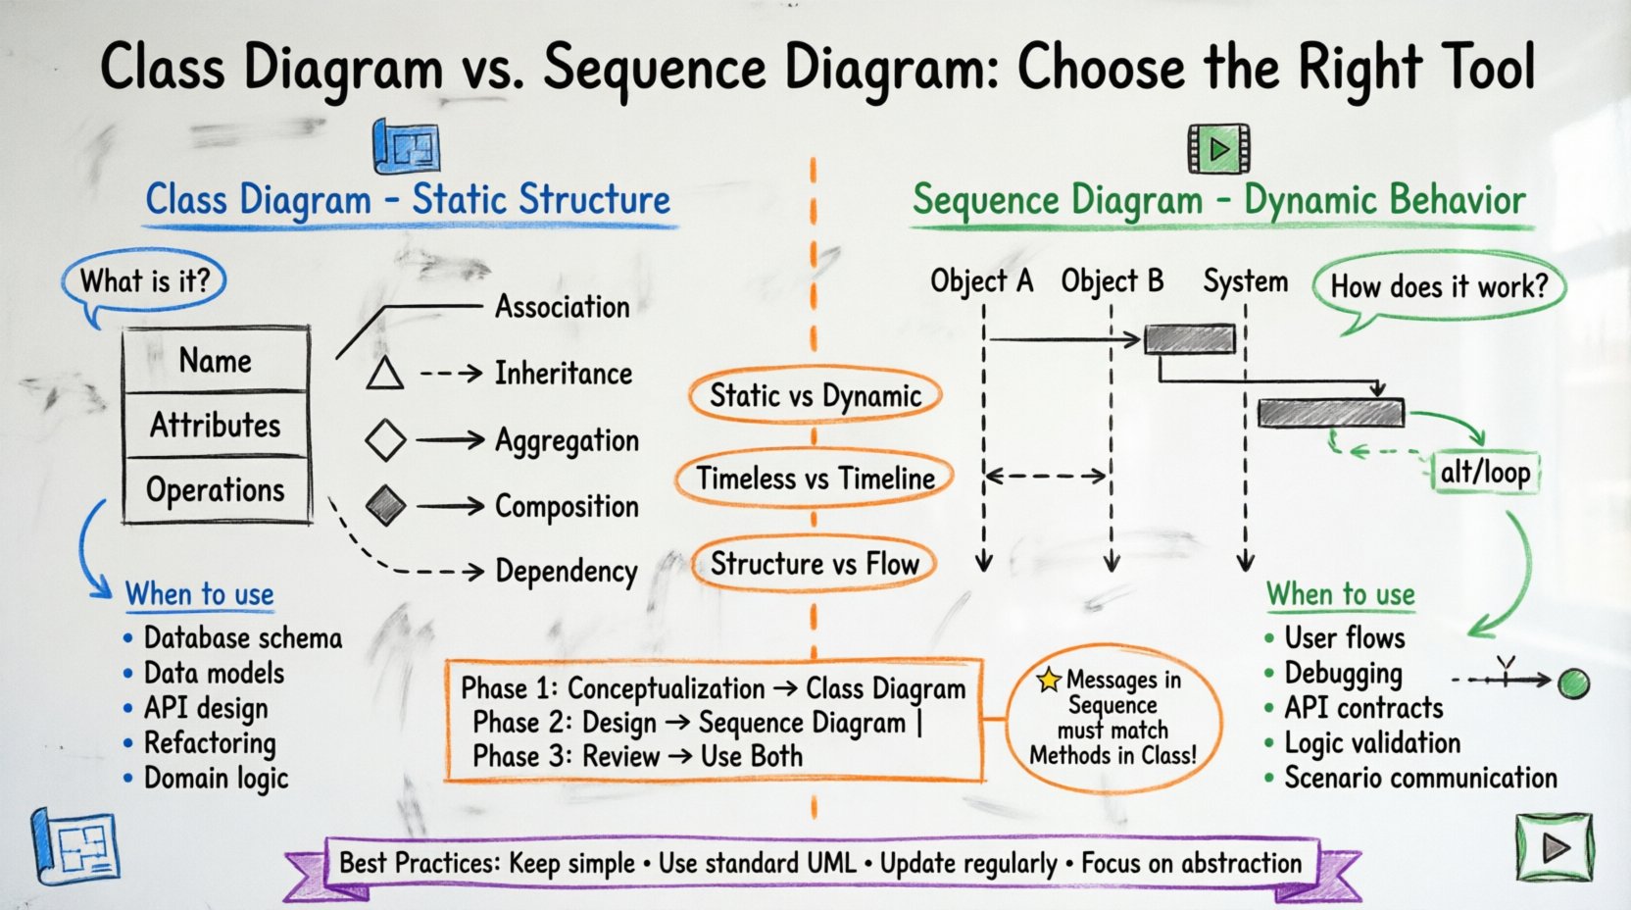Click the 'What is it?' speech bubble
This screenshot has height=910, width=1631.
click(144, 281)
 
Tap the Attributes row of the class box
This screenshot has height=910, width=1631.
click(216, 425)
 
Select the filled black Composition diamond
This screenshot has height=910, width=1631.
click(385, 506)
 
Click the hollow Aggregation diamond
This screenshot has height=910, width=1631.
click(385, 440)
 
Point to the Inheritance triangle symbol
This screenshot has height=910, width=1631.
click(384, 375)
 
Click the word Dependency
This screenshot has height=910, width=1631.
click(566, 571)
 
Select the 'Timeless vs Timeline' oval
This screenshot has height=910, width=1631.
click(815, 479)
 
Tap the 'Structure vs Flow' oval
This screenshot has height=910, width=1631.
click(814, 564)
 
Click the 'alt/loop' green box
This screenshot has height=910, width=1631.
click(1484, 473)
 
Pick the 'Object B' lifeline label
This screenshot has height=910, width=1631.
click(1112, 281)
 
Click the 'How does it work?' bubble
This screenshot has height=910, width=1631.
click(1438, 287)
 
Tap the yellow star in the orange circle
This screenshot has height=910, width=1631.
click(1049, 679)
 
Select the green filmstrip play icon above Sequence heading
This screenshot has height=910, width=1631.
click(1218, 149)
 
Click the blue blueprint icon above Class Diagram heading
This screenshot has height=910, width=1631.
click(406, 148)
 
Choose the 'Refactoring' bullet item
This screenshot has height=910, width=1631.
click(209, 743)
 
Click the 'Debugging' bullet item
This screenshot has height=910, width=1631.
click(1342, 674)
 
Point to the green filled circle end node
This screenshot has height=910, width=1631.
click(1573, 682)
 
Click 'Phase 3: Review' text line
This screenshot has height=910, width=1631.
click(636, 756)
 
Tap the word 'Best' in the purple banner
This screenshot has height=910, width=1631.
click(364, 863)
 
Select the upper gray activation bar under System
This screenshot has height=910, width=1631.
click(1190, 339)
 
